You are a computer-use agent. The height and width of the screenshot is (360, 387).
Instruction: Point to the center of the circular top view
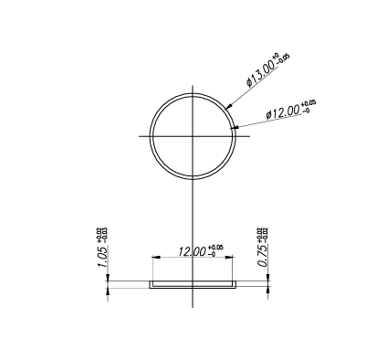pos(193,135)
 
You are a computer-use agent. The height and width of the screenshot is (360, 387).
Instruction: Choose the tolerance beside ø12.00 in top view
pos(309,106)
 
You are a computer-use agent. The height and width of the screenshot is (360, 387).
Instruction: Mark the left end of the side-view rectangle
pos(150,284)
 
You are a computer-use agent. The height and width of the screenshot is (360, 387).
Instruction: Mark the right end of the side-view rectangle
pos(235,284)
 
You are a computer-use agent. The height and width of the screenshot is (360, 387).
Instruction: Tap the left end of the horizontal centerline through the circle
pos(140,135)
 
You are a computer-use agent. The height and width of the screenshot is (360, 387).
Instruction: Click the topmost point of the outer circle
pos(193,91)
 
